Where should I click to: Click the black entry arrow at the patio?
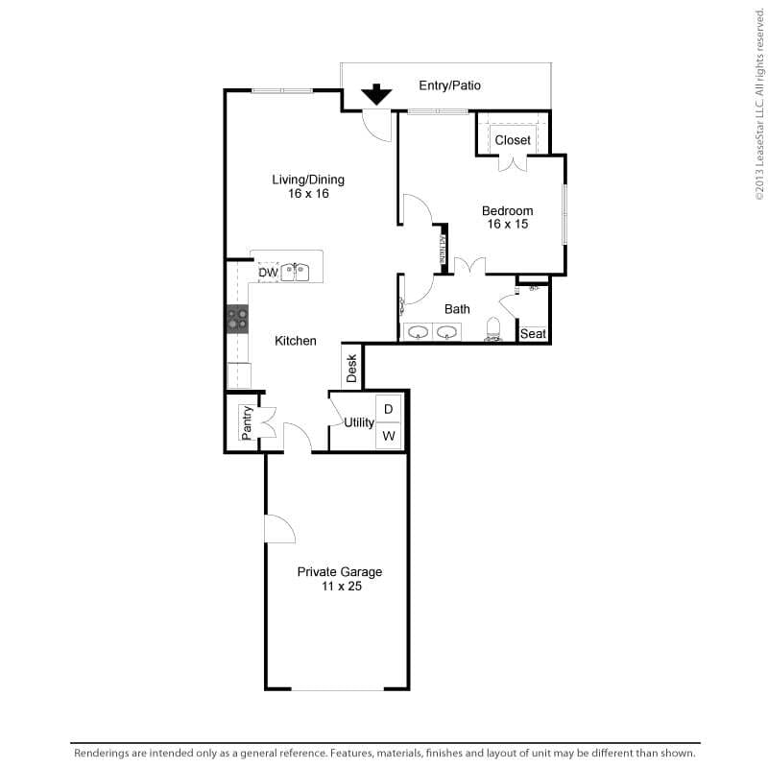tap(377, 94)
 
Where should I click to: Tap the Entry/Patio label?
tap(449, 86)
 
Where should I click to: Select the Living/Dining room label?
tap(308, 186)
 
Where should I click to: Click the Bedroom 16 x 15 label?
tap(507, 217)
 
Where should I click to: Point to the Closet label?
tap(513, 140)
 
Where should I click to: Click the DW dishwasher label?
tap(268, 273)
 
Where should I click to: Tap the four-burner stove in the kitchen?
tap(237, 319)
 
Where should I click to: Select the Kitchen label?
tap(296, 341)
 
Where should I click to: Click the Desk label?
tap(351, 368)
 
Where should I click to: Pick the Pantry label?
tap(247, 422)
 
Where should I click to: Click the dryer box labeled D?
tap(389, 408)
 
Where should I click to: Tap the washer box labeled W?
tap(389, 436)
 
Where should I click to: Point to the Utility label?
tap(359, 422)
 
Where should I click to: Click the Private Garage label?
tap(339, 579)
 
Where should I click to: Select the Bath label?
tap(457, 309)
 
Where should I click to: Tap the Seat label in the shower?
tap(533, 334)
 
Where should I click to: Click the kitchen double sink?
tap(295, 272)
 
